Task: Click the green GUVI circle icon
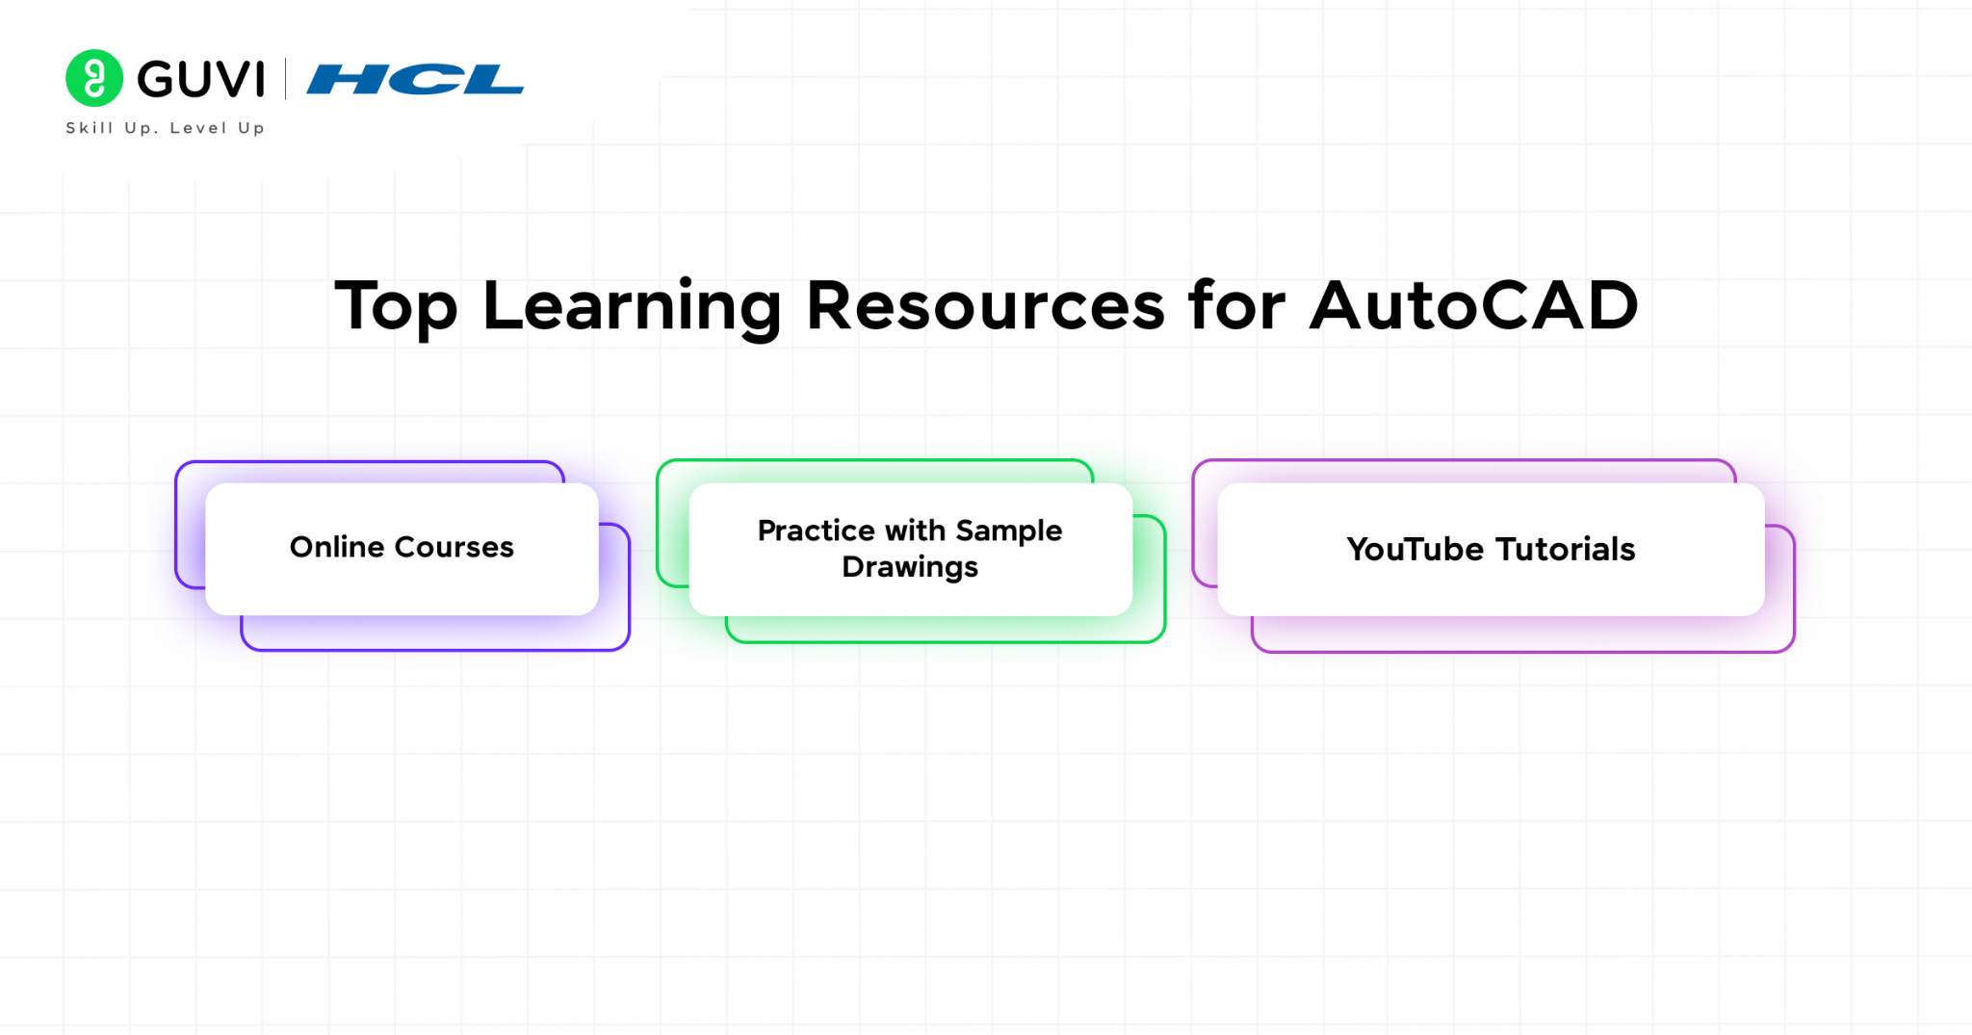pos(94,78)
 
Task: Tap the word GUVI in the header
pos(200,79)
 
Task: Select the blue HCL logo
pos(415,79)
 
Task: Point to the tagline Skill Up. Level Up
pos(165,128)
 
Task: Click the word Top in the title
pos(396,307)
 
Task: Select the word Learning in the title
pos(632,307)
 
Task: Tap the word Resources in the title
pos(985,306)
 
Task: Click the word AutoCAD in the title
pos(1473,306)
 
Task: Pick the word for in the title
pos(1236,305)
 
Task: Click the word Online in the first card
pos(338,547)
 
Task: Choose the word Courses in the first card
pos(454,547)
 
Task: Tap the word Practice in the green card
pos(817,530)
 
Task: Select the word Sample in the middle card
pos(1009,531)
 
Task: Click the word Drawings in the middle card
pos(910,568)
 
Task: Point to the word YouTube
pos(1415,549)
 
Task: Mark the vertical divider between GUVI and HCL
pos(286,79)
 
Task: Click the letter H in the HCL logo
pos(344,79)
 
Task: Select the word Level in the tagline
pos(198,128)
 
